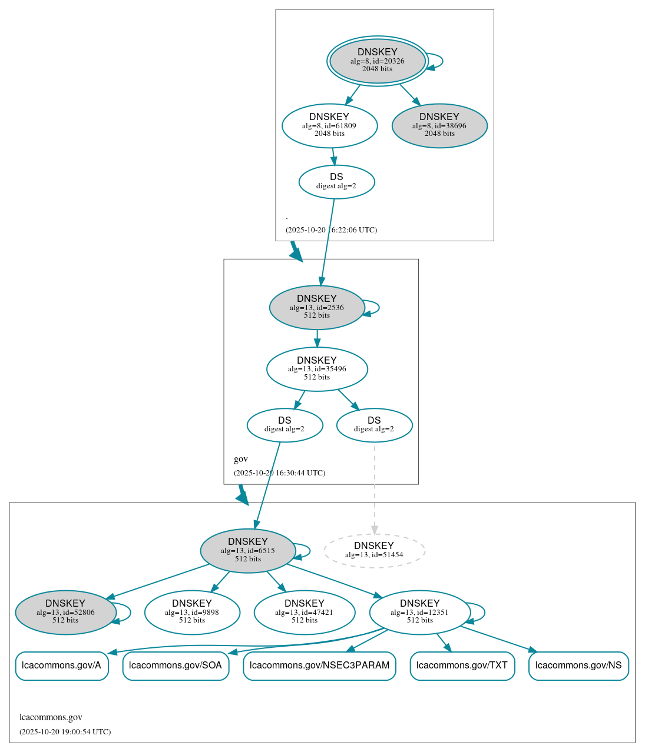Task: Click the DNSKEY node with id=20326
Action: click(x=377, y=61)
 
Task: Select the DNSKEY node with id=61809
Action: click(x=329, y=125)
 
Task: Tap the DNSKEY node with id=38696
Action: click(x=439, y=125)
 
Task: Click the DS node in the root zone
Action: click(x=336, y=181)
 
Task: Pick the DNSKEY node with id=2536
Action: click(x=317, y=307)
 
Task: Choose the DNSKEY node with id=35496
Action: click(x=317, y=369)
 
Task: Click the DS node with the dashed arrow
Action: click(x=374, y=425)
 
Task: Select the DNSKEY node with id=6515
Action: click(x=248, y=551)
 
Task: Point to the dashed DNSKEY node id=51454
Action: click(x=374, y=551)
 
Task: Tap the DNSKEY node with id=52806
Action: click(x=65, y=613)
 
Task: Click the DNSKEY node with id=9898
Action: click(x=192, y=613)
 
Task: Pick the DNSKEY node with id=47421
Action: click(x=305, y=613)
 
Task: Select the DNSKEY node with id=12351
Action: click(x=419, y=613)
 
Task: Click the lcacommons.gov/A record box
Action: click(x=62, y=666)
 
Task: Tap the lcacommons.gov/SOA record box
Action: click(x=176, y=666)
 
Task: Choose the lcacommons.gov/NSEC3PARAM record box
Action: click(x=319, y=666)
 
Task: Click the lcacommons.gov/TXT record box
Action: click(x=462, y=666)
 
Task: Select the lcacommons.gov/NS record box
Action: click(x=578, y=666)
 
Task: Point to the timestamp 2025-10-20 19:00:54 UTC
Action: click(x=65, y=732)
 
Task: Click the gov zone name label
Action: click(x=241, y=459)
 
